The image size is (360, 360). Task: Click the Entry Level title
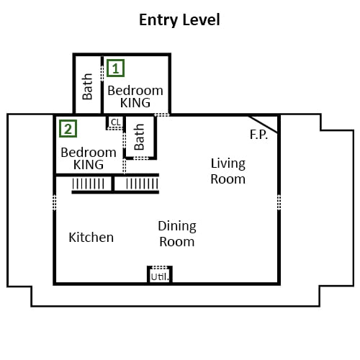[x=179, y=20]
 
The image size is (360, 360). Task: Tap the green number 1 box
[x=115, y=68]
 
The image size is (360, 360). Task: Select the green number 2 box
[x=68, y=129]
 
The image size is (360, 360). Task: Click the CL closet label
[x=116, y=122]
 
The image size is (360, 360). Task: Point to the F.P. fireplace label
[x=258, y=135]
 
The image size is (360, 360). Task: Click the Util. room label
[x=160, y=277]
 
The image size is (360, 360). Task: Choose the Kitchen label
[x=91, y=238]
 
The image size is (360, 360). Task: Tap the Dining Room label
[x=177, y=234]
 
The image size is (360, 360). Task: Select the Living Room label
[x=228, y=171]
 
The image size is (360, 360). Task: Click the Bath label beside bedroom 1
[x=87, y=86]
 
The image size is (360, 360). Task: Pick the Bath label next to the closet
[x=139, y=137]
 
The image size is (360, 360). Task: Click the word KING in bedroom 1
[x=135, y=103]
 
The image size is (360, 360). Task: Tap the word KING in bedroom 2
[x=89, y=165]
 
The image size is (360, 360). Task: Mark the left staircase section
[x=89, y=184]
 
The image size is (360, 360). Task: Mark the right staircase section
[x=142, y=184]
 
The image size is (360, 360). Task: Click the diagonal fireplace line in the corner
[x=264, y=125]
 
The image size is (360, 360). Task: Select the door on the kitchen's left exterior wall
[x=55, y=202]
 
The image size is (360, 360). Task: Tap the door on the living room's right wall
[x=279, y=202]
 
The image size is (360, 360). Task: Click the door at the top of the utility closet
[x=160, y=267]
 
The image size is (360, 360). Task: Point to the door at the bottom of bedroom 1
[x=162, y=114]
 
